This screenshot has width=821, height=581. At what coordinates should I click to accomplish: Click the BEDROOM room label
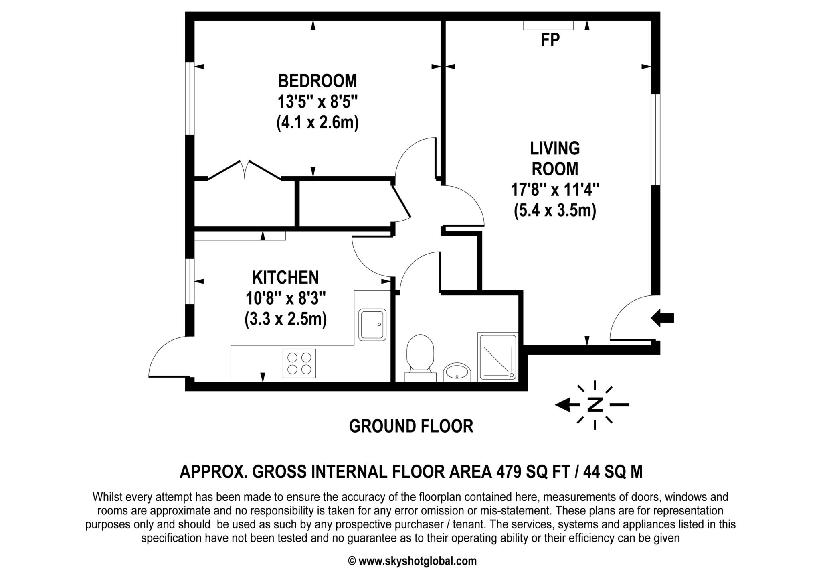tap(317, 81)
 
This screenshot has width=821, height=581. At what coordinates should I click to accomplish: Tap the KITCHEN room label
tap(285, 277)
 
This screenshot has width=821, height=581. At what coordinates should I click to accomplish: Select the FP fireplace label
tap(550, 40)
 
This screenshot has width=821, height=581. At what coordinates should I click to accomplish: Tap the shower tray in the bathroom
tap(497, 356)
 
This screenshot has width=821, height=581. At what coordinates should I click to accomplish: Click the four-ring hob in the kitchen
tap(299, 363)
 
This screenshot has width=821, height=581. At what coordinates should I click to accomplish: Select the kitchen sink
tap(372, 325)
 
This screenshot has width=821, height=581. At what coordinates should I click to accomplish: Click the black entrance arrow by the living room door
tap(662, 318)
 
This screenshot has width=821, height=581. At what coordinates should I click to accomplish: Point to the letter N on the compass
tap(595, 405)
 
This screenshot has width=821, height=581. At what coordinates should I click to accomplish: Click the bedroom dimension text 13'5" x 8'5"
tap(317, 102)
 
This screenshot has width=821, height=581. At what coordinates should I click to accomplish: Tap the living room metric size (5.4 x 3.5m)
tap(555, 210)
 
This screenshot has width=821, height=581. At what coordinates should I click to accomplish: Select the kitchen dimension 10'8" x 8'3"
tap(285, 298)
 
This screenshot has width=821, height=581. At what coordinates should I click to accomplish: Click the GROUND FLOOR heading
tap(411, 426)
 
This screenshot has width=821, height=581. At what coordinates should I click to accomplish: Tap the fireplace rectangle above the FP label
tap(548, 25)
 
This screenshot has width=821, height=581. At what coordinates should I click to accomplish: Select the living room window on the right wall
tap(655, 140)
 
